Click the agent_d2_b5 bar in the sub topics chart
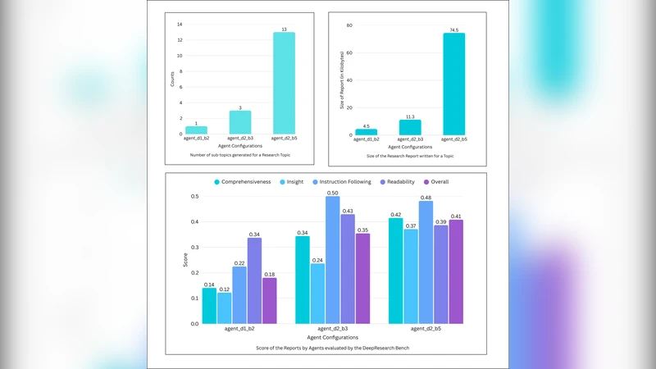(x=284, y=83)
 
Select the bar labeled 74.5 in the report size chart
(x=453, y=84)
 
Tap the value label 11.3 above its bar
(x=411, y=116)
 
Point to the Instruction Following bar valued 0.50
(x=332, y=260)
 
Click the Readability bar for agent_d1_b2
(x=254, y=280)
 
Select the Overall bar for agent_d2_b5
(x=455, y=271)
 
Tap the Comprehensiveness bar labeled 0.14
(x=209, y=306)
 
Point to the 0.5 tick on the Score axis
(x=194, y=197)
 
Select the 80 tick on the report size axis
(x=348, y=25)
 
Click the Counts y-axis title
(x=172, y=79)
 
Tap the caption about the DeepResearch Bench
(x=326, y=348)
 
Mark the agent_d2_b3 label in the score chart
(x=332, y=329)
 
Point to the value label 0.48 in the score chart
(x=426, y=198)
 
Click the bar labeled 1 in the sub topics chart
(x=197, y=130)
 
